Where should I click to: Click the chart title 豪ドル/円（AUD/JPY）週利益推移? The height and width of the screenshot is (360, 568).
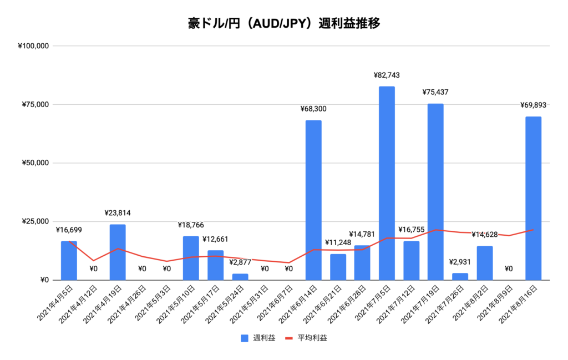(x=283, y=24)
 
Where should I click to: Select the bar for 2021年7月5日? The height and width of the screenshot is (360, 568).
(x=387, y=183)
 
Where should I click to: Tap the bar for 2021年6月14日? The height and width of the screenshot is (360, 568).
(x=313, y=200)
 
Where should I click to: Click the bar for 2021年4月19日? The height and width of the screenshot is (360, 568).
(x=118, y=252)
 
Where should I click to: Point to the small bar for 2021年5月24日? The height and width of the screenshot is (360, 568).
(x=240, y=276)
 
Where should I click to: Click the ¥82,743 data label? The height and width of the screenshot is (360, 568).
(x=387, y=75)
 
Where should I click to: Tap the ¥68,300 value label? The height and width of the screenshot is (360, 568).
(x=313, y=109)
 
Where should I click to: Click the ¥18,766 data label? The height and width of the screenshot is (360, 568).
(x=191, y=225)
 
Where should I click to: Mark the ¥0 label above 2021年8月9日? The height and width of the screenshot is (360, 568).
(x=509, y=268)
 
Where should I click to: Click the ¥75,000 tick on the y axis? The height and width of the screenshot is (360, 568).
(x=34, y=104)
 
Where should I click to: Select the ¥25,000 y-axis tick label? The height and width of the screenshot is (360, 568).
(x=34, y=221)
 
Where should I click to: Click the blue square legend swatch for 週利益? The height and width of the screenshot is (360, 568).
(x=245, y=338)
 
